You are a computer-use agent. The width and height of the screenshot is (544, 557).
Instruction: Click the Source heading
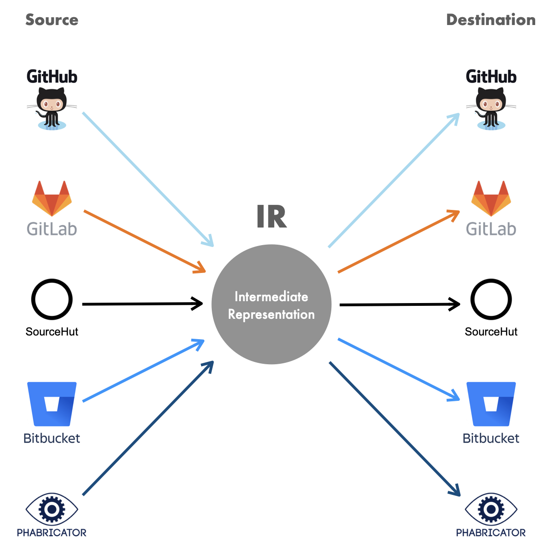pos(51,20)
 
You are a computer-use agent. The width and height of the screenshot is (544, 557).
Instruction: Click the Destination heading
pos(490,20)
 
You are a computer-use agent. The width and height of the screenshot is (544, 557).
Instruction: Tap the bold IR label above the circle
pos(272,216)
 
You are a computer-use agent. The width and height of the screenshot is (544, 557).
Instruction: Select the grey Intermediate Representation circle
pos(272,304)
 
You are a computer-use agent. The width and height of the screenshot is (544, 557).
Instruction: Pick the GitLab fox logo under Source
pos(52,198)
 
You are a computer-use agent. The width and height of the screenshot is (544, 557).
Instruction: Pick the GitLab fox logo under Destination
pos(491,198)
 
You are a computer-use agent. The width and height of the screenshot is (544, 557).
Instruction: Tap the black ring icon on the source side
pos(52,299)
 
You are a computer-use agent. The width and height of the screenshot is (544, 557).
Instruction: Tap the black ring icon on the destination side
pos(491,299)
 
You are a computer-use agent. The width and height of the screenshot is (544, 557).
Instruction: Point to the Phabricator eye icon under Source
pos(52,509)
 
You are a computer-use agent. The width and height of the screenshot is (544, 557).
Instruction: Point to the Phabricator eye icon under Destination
pos(491,509)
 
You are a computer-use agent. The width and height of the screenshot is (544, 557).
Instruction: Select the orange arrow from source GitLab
pos(144,241)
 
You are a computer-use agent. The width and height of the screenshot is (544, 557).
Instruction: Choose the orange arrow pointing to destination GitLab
pos(399,242)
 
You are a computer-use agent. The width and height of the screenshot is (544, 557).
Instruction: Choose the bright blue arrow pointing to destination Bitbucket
pos(399,369)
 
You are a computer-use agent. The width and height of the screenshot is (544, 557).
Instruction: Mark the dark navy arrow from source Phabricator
pos(147,428)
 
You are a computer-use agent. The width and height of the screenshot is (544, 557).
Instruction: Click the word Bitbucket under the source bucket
pos(52,438)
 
